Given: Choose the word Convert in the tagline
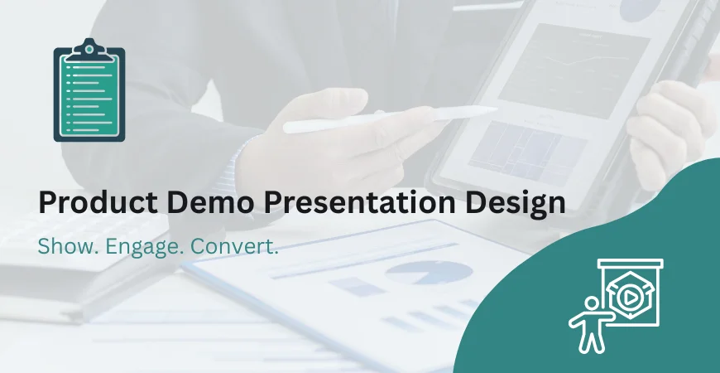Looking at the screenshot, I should point(233,247).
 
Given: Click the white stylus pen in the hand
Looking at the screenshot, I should point(389,119).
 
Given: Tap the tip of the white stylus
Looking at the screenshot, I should point(494,109).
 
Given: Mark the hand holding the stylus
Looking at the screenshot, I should point(331,137).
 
